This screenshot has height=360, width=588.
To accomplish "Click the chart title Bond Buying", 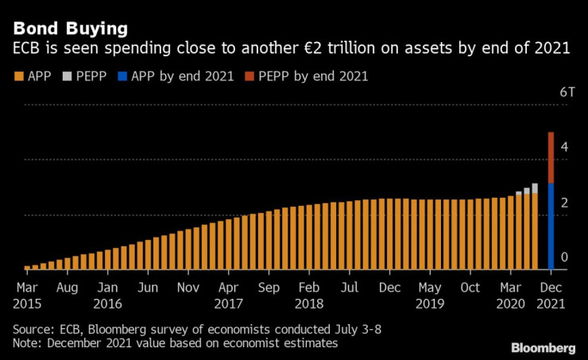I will click(x=70, y=29).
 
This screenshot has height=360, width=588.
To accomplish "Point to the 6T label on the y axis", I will click(x=567, y=92).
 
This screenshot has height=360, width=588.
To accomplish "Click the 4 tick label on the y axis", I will click(x=563, y=147).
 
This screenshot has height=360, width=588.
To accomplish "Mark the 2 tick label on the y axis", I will click(x=563, y=203).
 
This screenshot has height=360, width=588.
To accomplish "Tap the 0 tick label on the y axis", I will click(x=563, y=257).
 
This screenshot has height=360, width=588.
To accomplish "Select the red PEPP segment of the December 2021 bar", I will click(x=551, y=158).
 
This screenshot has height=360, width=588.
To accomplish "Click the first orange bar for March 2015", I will click(x=27, y=268).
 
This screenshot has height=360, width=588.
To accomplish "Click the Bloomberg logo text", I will click(x=544, y=348).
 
